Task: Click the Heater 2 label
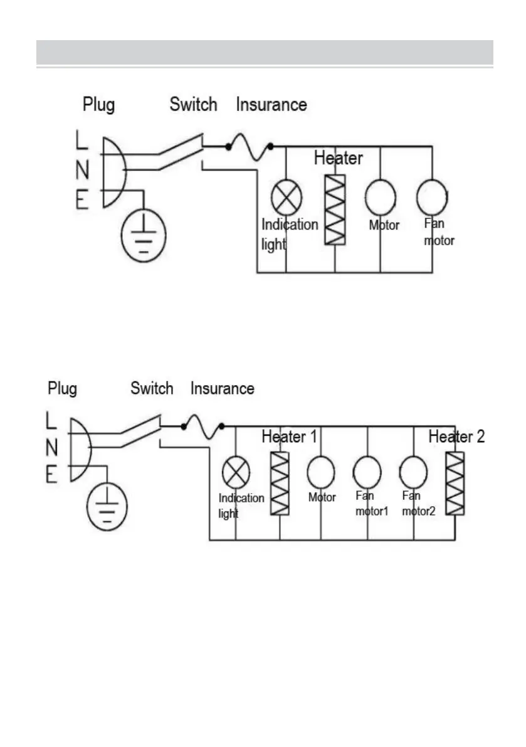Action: coord(456,437)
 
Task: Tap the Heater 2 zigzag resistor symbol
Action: coord(455,483)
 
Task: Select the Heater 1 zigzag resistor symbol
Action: coord(280,483)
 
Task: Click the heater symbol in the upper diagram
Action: coord(335,209)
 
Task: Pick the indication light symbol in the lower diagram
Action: coord(235,472)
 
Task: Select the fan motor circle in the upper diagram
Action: coord(432,197)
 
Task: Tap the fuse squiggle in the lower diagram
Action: coord(203,428)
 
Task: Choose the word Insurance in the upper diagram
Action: coord(271,105)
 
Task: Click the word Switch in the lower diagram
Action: coord(152,389)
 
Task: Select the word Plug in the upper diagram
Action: coord(99,105)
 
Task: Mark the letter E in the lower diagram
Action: coord(53,475)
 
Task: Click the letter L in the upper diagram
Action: coord(82,140)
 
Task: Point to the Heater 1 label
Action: coord(289,437)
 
